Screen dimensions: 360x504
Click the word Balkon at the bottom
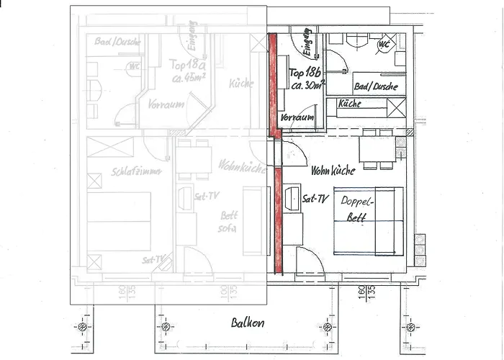tap(247, 323)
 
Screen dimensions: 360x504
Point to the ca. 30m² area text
tap(307, 85)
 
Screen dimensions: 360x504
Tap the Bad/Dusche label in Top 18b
tap(376, 86)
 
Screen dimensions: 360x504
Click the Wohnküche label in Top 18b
tap(332, 171)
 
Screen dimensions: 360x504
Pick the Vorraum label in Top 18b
tap(297, 117)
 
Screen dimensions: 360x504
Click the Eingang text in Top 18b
tap(307, 43)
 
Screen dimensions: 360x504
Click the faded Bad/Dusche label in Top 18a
tap(117, 42)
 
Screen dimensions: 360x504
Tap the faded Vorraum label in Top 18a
tap(166, 104)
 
